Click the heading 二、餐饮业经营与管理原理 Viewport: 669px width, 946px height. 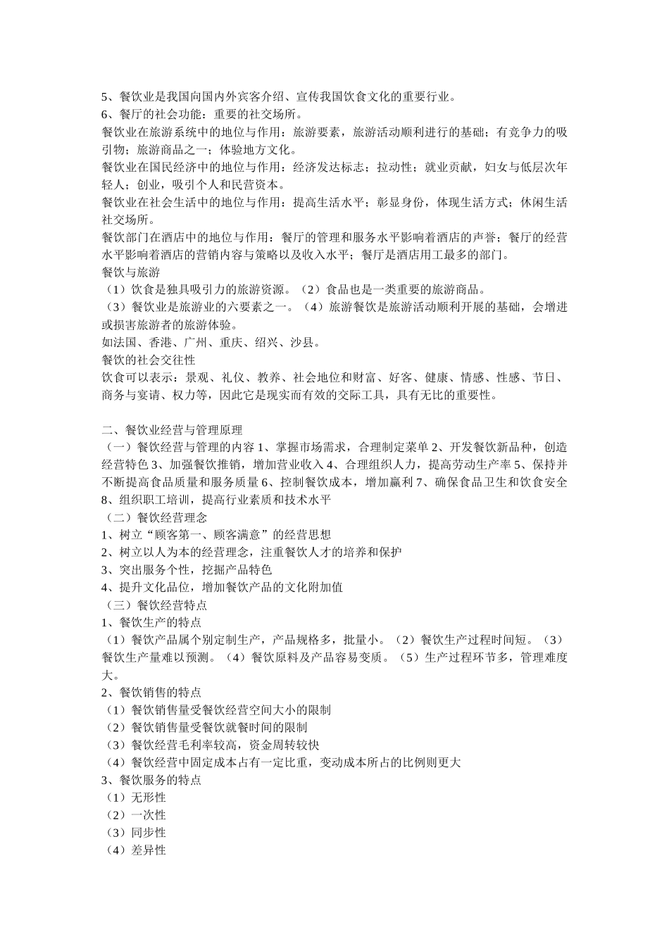point(172,430)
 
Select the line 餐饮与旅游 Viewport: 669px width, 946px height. point(131,272)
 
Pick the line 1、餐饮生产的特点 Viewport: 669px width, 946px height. point(151,622)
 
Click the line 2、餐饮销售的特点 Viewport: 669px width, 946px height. point(151,693)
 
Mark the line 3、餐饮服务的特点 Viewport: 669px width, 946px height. point(151,780)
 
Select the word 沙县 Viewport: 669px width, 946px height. point(307,342)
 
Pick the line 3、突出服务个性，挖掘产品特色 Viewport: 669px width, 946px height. point(187,570)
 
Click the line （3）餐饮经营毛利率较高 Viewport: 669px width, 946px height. point(211,745)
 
